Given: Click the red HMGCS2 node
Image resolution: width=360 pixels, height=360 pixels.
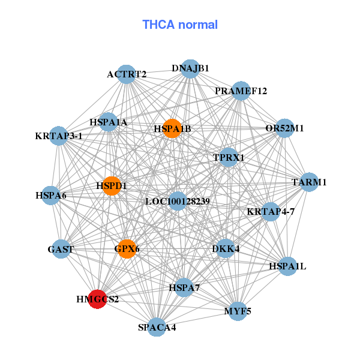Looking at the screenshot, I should coord(97,298).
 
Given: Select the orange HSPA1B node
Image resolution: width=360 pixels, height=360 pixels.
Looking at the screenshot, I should coord(172,128).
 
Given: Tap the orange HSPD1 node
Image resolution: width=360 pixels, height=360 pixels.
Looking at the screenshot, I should coord(111,186).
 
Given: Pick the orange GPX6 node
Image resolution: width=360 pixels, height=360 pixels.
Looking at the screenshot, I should coord(127,248).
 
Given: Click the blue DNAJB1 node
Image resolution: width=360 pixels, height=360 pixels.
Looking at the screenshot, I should coord(190,68).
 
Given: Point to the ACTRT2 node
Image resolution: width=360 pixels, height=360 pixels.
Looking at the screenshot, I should coord(125,74).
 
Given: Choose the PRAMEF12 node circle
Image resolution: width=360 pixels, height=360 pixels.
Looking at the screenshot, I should coord(241,91).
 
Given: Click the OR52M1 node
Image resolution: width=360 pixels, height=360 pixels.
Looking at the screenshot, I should coord(284,128).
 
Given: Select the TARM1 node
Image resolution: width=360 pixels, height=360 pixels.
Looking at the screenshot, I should coord(308,182).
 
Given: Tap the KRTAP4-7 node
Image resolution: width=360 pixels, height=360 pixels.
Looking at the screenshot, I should coord(271,211).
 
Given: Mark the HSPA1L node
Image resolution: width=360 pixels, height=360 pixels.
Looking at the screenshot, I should coord(288,266).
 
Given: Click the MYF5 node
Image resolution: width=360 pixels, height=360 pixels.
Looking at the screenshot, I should coord(238,311).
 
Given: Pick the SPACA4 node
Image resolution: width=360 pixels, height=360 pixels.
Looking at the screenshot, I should coord(157,327).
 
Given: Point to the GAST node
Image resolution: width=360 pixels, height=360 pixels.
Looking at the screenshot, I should coord(61,249).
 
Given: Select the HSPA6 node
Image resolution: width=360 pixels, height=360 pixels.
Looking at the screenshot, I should coord(51,195).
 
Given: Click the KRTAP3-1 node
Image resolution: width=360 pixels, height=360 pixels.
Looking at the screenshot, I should coord(59,136).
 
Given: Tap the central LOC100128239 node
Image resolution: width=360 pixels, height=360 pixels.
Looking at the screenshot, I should coord(177,201).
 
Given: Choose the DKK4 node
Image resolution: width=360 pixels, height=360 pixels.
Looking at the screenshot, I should coord(225,248).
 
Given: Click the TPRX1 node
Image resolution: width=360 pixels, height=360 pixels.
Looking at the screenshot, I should coord(229,157).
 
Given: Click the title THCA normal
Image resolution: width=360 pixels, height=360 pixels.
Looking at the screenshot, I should coord(180,25).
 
